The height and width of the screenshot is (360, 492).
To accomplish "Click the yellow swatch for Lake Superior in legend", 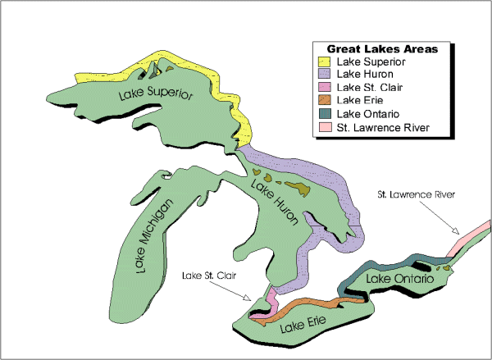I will pyautogui.click(x=326, y=62).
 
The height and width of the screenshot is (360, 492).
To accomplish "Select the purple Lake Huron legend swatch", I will pyautogui.click(x=326, y=75).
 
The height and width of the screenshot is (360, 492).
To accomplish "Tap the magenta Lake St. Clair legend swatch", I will pyautogui.click(x=326, y=88).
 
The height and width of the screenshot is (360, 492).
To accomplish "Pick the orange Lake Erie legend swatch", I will pyautogui.click(x=326, y=101).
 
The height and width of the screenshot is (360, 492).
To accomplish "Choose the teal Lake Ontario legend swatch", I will pyautogui.click(x=326, y=114).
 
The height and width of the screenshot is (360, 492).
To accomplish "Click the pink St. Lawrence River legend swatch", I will pyautogui.click(x=326, y=127).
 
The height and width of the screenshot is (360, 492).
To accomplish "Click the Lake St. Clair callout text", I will pyautogui.click(x=207, y=278).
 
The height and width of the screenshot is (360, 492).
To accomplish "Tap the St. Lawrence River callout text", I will pyautogui.click(x=415, y=195).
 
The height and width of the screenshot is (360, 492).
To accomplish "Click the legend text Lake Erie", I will pyautogui.click(x=360, y=101).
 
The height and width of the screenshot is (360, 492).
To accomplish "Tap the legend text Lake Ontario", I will pyautogui.click(x=367, y=114).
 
